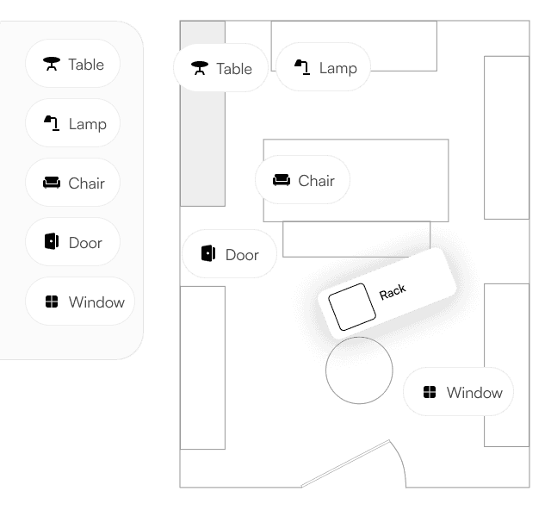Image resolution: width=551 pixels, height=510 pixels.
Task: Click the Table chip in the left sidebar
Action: (x=73, y=64)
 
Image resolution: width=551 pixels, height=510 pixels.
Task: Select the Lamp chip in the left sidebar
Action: (x=73, y=123)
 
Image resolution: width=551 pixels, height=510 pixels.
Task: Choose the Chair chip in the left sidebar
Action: (x=73, y=183)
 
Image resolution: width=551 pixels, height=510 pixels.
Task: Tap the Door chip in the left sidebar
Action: (x=73, y=242)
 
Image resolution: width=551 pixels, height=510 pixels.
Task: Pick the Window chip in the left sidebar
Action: (x=80, y=302)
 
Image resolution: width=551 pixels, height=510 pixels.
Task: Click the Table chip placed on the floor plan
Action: (x=221, y=68)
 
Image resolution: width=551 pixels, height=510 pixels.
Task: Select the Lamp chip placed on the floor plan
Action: (x=324, y=67)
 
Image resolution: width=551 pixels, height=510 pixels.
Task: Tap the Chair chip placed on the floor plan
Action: (x=303, y=180)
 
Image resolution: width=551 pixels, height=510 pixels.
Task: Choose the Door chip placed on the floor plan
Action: (x=230, y=254)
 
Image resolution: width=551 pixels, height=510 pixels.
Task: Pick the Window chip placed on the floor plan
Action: (x=459, y=392)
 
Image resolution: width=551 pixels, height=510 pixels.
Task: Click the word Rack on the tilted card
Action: (x=393, y=292)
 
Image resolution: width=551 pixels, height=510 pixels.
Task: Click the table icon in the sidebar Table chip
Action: (x=52, y=64)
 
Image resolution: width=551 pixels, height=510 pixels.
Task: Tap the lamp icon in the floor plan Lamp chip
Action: (x=302, y=67)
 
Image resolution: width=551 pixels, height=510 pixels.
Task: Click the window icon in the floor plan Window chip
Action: (x=430, y=393)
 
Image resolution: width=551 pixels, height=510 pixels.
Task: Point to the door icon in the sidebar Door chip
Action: (x=51, y=242)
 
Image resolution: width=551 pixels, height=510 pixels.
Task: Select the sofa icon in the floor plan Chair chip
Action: (x=282, y=180)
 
